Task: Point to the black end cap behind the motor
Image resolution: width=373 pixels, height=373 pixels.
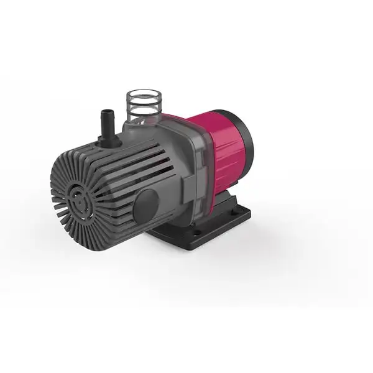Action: (245, 143)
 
